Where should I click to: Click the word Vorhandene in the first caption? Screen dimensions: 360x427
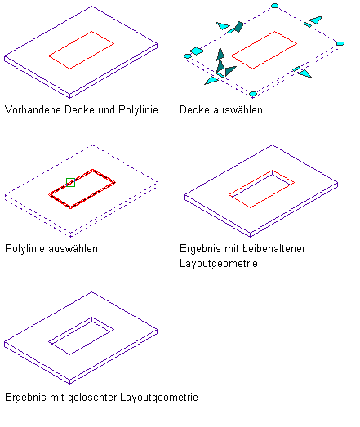[33, 109]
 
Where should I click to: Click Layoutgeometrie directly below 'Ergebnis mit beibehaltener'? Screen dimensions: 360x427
[219, 264]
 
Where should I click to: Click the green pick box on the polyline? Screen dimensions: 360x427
[70, 182]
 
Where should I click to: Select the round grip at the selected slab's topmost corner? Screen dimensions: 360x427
[274, 6]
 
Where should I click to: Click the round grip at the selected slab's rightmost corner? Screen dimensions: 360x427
[340, 43]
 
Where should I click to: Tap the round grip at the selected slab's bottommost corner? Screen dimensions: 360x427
[253, 94]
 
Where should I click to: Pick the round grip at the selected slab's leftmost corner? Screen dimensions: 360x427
[188, 56]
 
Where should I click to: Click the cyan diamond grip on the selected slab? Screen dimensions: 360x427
[197, 51]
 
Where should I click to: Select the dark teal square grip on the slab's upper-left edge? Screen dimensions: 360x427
[239, 27]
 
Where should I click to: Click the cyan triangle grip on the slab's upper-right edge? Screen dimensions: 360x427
[317, 20]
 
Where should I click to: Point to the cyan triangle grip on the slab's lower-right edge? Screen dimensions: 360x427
[305, 73]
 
